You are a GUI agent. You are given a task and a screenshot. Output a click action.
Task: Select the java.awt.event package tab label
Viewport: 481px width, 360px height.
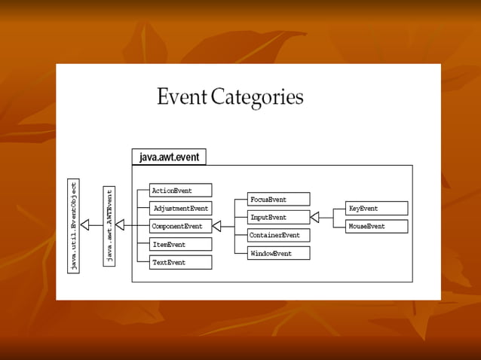pos(169,157)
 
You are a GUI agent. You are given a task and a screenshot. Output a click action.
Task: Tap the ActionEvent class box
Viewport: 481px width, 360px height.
pos(180,191)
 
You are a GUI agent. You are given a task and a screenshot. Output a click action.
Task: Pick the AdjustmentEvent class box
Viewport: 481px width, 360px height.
pos(180,209)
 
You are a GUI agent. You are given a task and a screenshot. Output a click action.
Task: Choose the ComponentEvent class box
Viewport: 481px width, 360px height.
pos(180,226)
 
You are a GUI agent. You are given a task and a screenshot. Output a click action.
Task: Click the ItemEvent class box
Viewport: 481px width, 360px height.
pos(180,244)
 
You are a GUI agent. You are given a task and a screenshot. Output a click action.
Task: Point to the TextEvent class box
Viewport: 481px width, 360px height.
pos(180,262)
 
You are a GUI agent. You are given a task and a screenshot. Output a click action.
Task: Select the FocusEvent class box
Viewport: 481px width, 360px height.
pos(278,200)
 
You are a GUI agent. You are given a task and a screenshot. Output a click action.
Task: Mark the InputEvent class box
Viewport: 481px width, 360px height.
pos(278,218)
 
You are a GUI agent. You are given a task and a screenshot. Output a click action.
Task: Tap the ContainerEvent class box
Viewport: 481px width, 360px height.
pos(278,235)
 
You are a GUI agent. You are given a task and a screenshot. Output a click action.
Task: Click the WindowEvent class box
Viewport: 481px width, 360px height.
pos(278,253)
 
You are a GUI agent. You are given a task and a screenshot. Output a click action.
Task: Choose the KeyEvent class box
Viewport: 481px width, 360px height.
pos(376,209)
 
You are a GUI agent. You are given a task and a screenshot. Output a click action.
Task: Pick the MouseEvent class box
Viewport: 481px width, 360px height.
pos(376,226)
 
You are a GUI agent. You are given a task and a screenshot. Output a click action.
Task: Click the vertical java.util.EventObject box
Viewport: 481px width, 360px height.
pos(73,225)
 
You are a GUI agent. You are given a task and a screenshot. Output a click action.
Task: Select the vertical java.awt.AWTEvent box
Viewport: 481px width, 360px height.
pos(109,225)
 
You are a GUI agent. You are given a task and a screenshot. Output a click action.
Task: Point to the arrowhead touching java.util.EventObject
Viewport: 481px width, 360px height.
pos(84,225)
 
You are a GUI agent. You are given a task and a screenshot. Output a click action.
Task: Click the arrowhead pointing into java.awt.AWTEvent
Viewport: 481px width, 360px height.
pos(120,225)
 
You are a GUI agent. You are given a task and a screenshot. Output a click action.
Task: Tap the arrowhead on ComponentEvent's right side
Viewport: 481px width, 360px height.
pos(216,226)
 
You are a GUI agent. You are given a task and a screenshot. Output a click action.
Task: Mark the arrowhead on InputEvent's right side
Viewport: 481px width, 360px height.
pos(314,218)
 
